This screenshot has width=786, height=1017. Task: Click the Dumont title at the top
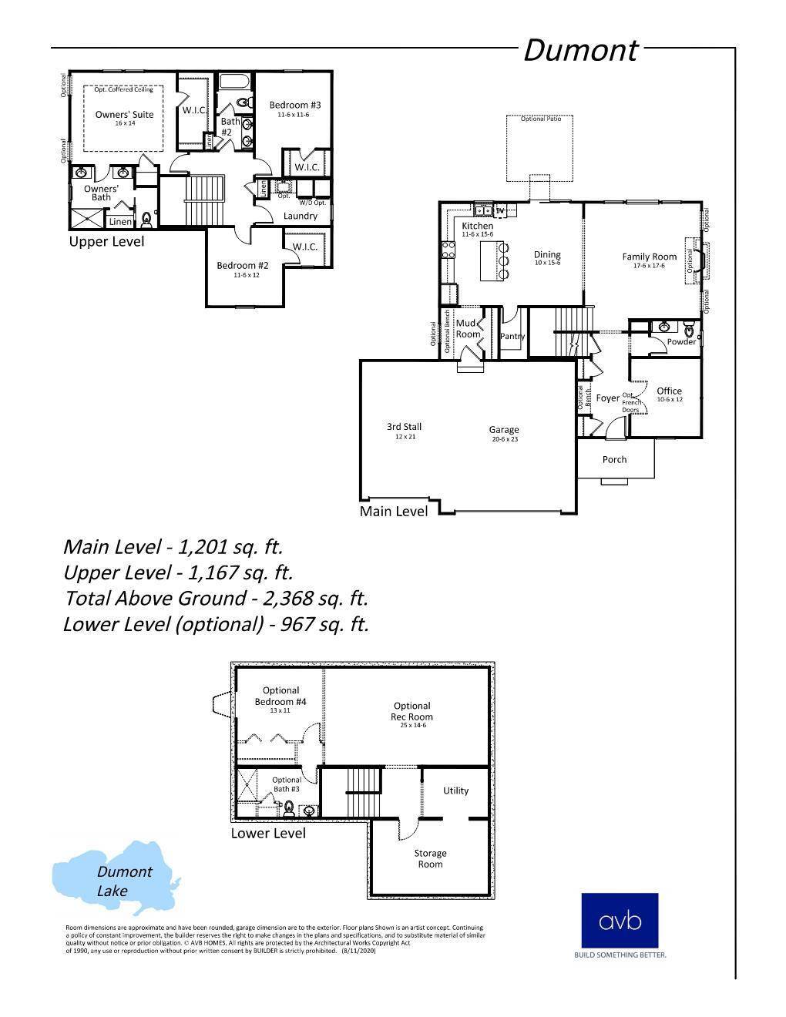point(580,51)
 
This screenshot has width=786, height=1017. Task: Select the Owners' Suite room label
point(124,115)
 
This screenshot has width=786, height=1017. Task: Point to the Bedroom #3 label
point(294,106)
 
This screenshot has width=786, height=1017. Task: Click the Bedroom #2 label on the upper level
point(242,266)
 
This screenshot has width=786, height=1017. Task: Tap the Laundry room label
point(300,216)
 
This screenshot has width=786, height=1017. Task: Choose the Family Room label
point(649,257)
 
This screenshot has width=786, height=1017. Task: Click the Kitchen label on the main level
point(477,227)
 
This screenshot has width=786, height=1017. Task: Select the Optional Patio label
point(540,119)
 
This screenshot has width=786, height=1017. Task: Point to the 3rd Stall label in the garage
point(404,427)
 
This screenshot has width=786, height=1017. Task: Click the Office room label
point(669,391)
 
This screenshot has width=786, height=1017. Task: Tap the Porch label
point(614,459)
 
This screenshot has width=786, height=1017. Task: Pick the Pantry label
point(512,336)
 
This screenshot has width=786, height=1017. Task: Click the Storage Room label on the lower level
point(430,858)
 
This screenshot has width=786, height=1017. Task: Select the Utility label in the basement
point(455,790)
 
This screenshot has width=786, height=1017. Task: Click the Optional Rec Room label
point(411,711)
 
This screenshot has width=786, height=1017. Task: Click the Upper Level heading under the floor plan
point(106,241)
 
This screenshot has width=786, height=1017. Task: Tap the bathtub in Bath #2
point(231,81)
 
